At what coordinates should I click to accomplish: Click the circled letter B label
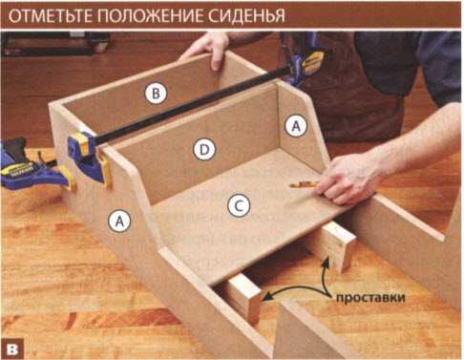coord(156,94)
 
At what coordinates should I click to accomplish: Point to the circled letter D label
coord(204,150)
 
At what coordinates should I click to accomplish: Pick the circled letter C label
coord(239,206)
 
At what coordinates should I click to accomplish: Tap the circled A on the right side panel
coord(296,126)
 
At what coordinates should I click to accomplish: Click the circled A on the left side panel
coord(119,221)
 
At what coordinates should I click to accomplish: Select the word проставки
coord(370,298)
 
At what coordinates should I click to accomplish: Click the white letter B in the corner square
coord(12,349)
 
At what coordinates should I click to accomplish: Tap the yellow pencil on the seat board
coord(304,184)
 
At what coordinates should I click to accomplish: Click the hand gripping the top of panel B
coord(207,50)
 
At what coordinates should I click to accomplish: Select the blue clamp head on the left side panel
coord(85,156)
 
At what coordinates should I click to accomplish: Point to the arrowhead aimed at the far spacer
coord(326,262)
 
